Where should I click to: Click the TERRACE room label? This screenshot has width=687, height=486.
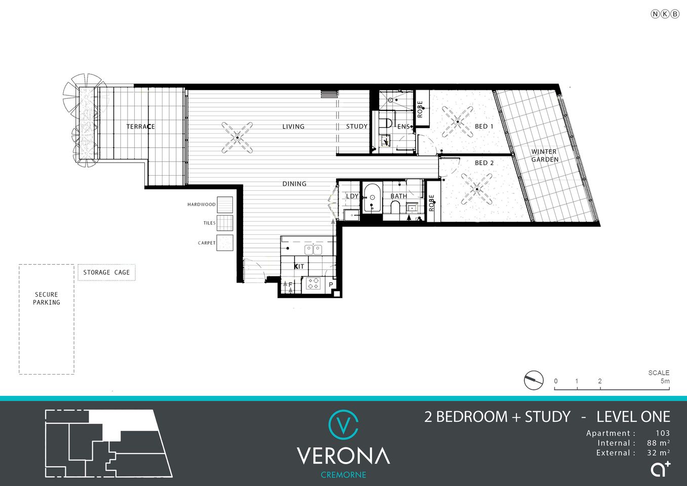140,127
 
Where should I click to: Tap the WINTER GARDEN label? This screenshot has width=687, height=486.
545,155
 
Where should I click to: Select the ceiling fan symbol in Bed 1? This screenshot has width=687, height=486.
458,121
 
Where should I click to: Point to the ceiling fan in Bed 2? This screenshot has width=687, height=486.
476,189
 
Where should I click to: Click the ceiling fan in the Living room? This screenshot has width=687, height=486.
237,137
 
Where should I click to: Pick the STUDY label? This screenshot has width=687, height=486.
356,127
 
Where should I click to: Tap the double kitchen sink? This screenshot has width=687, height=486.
313,249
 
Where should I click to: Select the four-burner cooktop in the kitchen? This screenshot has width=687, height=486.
313,283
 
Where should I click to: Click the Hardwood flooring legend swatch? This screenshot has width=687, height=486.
225,205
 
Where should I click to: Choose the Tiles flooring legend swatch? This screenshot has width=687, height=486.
225,223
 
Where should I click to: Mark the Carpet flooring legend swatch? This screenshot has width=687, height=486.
225,243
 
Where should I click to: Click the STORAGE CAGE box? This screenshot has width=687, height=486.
106,272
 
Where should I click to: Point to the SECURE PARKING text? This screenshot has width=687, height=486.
47,298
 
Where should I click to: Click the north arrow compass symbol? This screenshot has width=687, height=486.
534,380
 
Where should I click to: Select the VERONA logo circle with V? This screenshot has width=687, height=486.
343,424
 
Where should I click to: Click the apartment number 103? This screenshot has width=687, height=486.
662,433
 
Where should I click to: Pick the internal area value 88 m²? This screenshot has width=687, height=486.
658,443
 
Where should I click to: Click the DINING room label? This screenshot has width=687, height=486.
294,184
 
